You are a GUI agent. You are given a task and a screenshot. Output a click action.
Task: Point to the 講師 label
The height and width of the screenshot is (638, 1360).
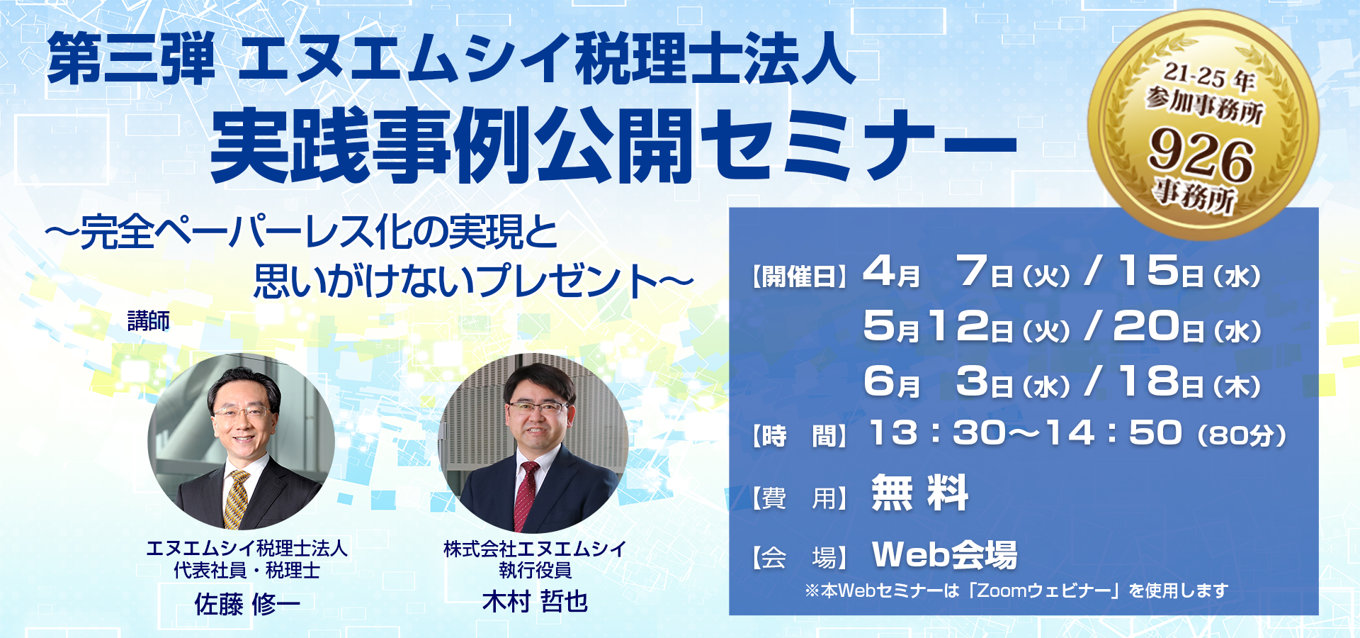(x=149, y=321)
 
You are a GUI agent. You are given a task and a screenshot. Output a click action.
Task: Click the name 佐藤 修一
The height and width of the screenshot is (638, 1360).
(x=247, y=604)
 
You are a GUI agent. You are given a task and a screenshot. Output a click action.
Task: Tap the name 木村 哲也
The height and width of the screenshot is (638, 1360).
(x=535, y=601)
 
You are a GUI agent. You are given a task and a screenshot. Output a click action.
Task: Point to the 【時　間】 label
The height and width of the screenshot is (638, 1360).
(x=800, y=435)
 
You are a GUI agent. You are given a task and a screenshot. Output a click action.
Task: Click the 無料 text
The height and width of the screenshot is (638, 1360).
(x=919, y=493)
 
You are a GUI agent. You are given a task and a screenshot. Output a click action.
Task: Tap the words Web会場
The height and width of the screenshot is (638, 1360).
(x=945, y=554)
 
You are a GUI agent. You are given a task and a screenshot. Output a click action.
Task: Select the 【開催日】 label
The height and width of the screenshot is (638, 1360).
(x=800, y=276)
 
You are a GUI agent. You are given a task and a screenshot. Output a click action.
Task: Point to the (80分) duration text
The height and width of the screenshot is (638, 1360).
(x=1241, y=435)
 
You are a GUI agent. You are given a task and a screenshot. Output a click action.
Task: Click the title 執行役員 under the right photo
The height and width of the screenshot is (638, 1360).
(x=535, y=570)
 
